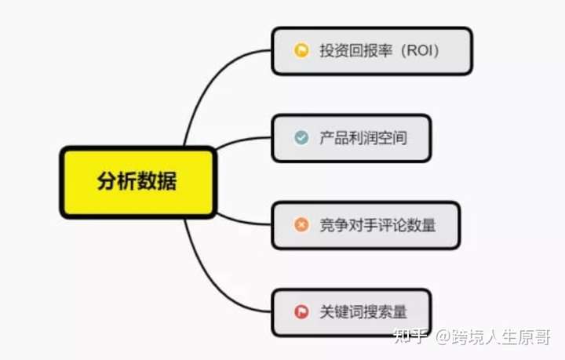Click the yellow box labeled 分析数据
(x=138, y=182)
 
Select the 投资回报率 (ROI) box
(x=372, y=51)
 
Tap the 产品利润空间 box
(x=352, y=138)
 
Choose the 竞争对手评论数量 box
(x=366, y=225)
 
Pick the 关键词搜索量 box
(x=352, y=312)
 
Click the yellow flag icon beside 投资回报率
(x=301, y=50)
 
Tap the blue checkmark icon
(x=301, y=137)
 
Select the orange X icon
(x=301, y=224)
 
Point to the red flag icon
(x=301, y=311)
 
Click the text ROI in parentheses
(x=418, y=50)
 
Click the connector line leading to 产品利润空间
(x=242, y=140)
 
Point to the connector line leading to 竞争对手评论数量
(x=242, y=220)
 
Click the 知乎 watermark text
(x=410, y=336)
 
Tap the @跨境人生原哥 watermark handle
(x=493, y=337)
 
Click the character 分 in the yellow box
(x=107, y=180)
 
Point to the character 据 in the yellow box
(x=167, y=180)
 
